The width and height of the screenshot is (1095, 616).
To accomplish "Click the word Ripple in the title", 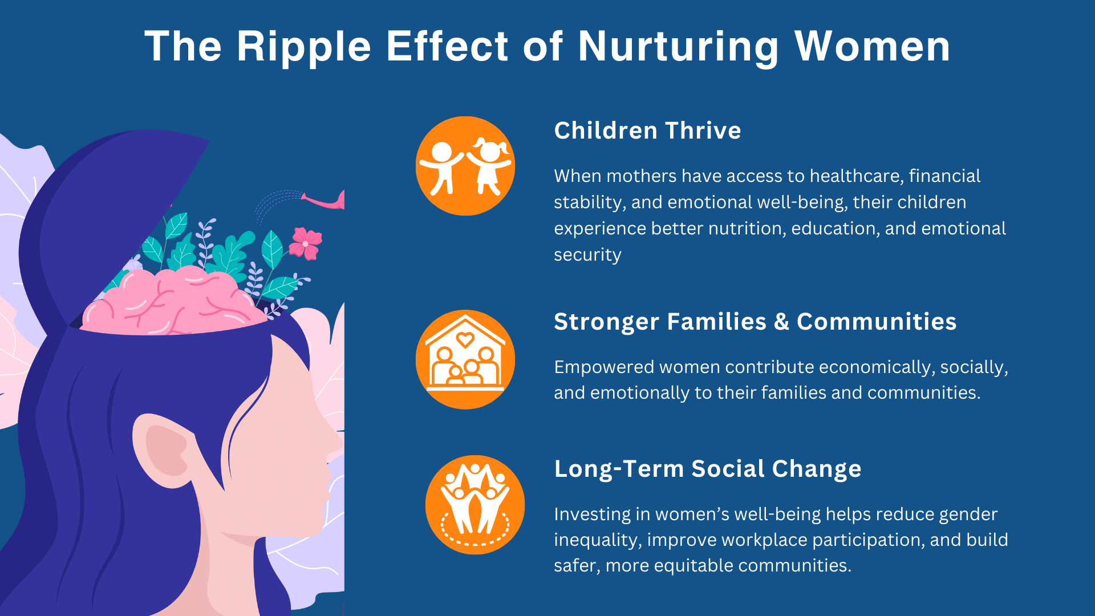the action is pos(304,47).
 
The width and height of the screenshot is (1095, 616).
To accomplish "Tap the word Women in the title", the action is pos(872,46).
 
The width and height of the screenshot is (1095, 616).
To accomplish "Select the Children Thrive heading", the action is pos(647,131).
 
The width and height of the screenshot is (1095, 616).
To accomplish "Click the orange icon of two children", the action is pos(465,166).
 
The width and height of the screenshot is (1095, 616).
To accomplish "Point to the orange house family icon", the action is pos(465,359).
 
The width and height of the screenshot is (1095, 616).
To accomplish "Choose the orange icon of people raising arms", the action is pos(475,505).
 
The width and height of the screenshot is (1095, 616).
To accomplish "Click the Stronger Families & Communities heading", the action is pos(755,322).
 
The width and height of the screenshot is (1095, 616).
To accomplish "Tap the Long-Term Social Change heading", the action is pos(708,469).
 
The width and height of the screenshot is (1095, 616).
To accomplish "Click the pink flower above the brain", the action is pos(305,244).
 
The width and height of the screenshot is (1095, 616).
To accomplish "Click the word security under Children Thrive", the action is pos(587,255).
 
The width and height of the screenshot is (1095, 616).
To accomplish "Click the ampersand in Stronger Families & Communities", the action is pos(781,322).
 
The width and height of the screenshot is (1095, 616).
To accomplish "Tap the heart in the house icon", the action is pos(465,340).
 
